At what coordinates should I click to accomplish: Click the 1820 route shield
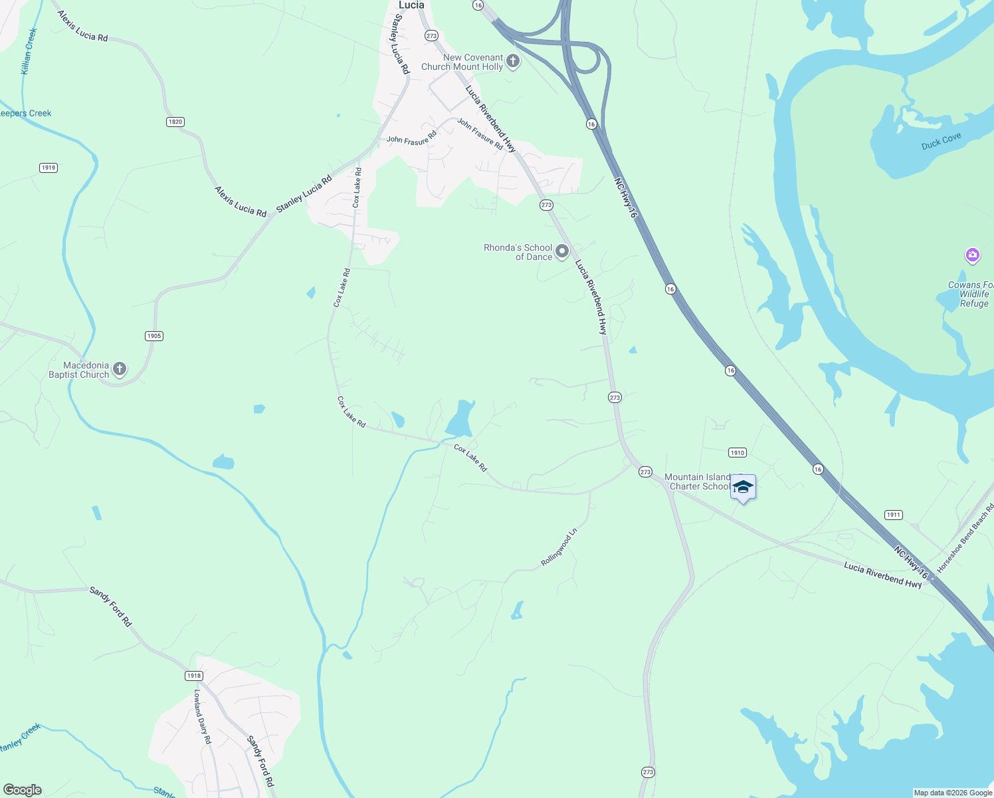click(x=175, y=122)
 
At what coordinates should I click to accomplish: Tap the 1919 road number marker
click(x=49, y=168)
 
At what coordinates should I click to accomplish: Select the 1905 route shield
click(x=154, y=336)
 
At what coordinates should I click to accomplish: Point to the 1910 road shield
click(x=738, y=453)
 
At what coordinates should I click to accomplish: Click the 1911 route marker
click(x=894, y=515)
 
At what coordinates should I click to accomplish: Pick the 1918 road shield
click(x=193, y=676)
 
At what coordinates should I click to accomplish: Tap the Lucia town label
click(x=411, y=5)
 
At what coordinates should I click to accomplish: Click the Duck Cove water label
click(x=941, y=141)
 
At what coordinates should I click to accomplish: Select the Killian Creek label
click(x=29, y=51)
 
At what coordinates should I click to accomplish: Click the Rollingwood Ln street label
click(x=559, y=547)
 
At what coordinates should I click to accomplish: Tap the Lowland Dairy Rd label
click(x=202, y=716)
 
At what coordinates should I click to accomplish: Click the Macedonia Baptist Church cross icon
click(x=120, y=369)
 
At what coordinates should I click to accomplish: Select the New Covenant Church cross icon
click(x=513, y=62)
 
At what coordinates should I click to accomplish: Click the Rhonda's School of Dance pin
click(x=562, y=251)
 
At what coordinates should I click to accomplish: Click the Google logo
click(x=22, y=790)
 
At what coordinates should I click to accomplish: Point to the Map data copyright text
click(x=953, y=793)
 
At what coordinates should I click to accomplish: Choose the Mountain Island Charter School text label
click(x=698, y=481)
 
